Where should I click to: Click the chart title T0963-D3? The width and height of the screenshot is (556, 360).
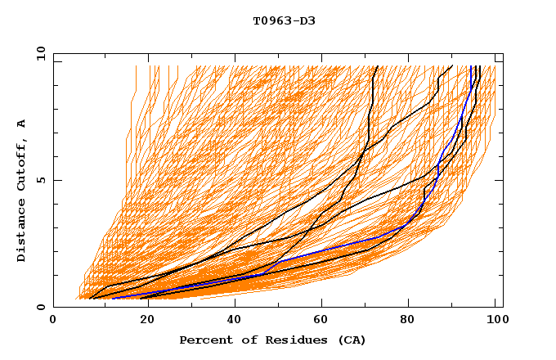(x=284, y=20)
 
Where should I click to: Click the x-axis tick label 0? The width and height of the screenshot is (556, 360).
(x=53, y=322)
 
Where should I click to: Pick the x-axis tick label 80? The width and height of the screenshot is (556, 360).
(x=408, y=322)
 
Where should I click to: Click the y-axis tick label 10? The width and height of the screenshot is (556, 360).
(x=40, y=53)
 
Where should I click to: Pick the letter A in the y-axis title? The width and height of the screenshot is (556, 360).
(x=22, y=124)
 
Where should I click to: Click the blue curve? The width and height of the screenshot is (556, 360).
(x=327, y=250)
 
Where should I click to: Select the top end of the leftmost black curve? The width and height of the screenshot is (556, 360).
(x=375, y=66)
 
